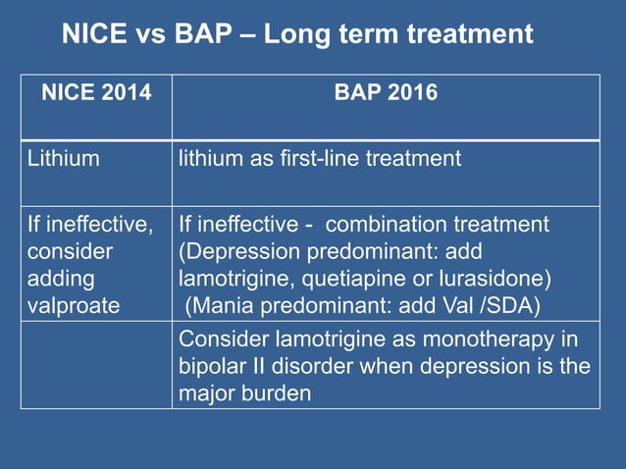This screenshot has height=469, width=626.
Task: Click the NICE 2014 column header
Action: [96, 93]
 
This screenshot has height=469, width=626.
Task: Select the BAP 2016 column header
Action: [386, 93]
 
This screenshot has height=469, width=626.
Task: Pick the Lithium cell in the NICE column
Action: [63, 157]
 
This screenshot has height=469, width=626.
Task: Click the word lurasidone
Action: [487, 278]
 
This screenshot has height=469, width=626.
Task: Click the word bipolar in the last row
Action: [209, 367]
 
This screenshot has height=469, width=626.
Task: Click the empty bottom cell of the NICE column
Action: [96, 365]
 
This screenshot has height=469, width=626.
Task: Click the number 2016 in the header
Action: [412, 93]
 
